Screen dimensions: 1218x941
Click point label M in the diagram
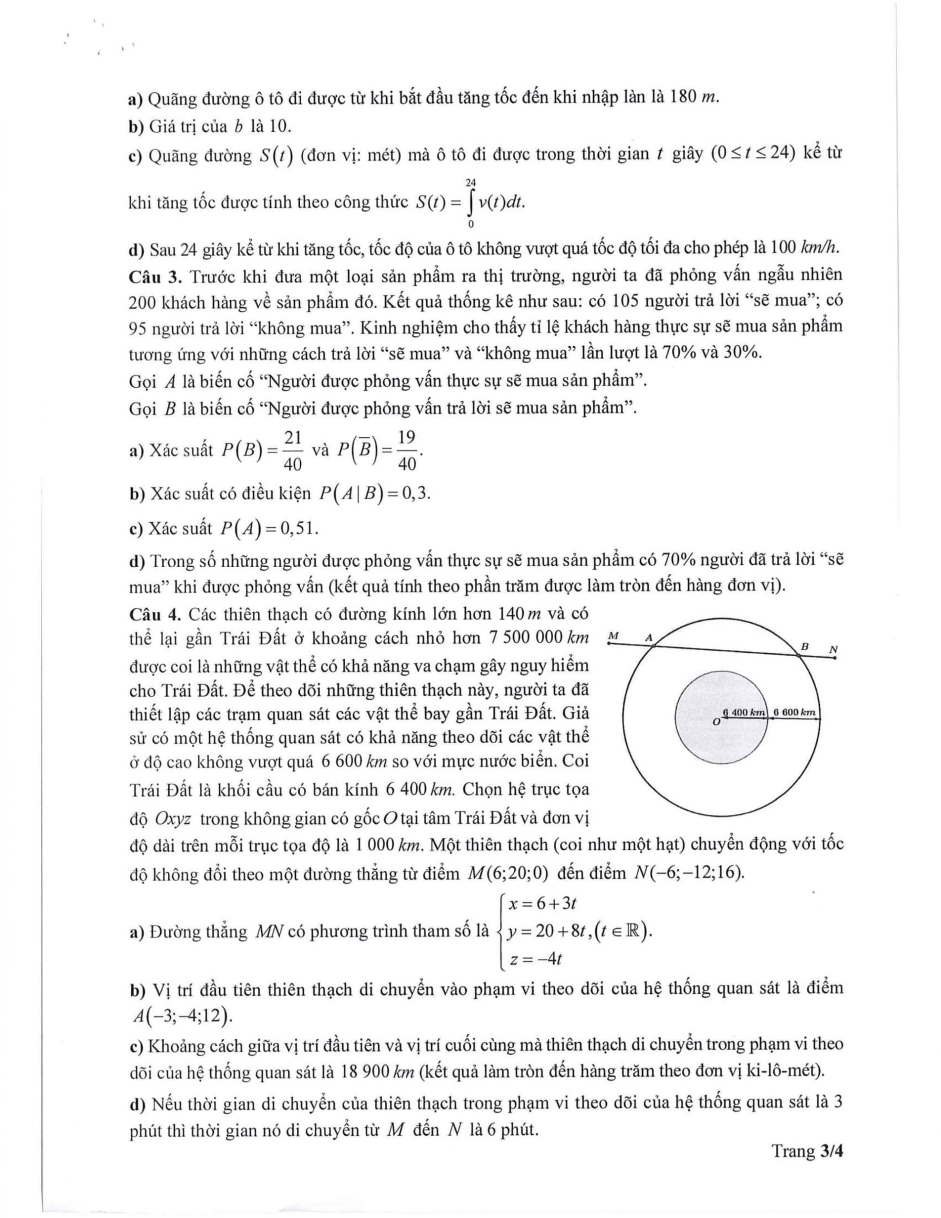(614, 635)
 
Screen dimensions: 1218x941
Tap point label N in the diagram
(833, 649)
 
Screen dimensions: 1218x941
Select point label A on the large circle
(649, 636)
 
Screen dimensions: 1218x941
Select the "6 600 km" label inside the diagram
(794, 712)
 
